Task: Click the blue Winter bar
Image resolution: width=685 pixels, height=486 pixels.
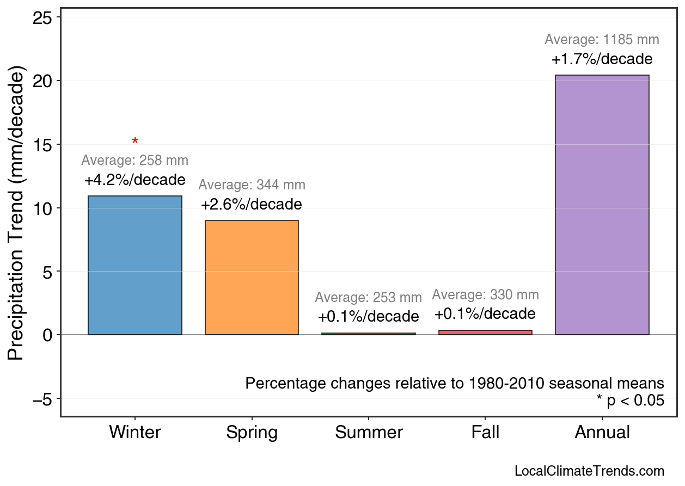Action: point(135,265)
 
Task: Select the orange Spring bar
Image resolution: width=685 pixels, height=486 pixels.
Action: point(252,278)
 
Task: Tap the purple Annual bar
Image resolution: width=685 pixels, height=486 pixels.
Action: point(602,205)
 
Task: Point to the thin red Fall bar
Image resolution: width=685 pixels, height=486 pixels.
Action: point(485,332)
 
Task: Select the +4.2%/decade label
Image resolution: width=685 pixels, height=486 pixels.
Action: point(134,180)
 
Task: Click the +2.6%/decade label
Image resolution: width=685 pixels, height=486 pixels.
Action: point(251,205)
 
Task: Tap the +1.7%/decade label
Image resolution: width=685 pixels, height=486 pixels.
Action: point(602,59)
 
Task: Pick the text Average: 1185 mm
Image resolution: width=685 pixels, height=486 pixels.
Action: point(602,40)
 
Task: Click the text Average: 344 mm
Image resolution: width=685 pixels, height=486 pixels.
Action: point(252,185)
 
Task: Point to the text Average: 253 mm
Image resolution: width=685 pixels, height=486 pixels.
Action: point(368,298)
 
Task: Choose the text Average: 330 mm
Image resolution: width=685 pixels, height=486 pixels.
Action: point(485,295)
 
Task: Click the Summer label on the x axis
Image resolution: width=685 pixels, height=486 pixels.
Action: point(369,433)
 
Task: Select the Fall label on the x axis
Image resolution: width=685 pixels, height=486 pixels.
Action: point(485,433)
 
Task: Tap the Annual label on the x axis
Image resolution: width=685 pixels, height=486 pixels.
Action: point(602,433)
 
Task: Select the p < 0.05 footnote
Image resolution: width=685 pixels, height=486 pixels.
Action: point(631,401)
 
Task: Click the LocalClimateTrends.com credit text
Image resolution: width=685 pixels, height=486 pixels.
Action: point(589,471)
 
